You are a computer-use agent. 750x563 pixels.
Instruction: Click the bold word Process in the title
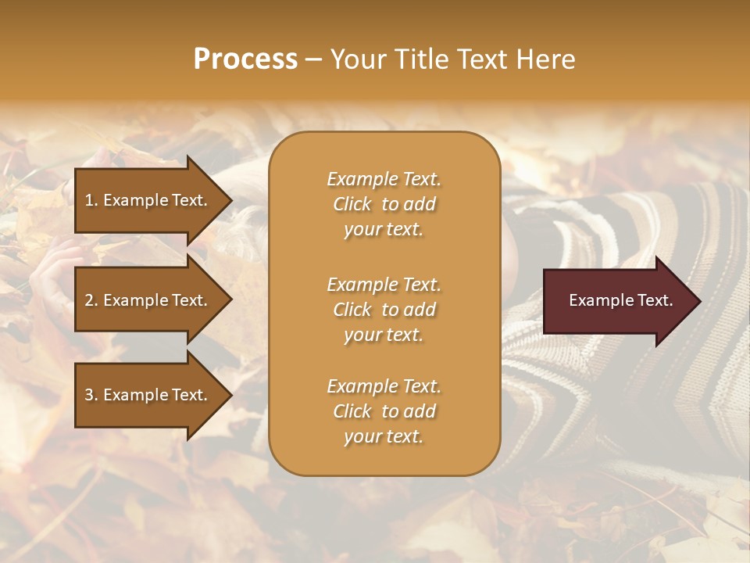pos(245,59)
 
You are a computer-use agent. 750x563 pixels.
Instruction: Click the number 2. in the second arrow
pos(91,300)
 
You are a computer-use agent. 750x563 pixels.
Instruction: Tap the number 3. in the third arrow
pos(91,395)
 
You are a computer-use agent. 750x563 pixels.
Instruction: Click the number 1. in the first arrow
pos(91,200)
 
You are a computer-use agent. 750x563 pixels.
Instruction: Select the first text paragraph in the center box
pos(384,204)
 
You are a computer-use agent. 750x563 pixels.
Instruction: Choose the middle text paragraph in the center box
pos(384,310)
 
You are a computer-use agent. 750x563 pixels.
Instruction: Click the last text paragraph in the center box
pos(384,411)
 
